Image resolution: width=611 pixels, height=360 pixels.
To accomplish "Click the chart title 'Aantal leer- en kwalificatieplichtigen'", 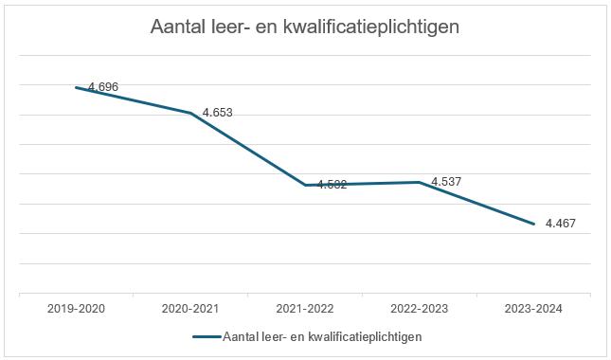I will coord(305,27).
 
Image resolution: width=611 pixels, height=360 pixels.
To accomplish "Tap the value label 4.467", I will coord(560,225).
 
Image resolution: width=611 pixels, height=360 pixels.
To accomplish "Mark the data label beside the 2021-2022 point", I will coord(331,185).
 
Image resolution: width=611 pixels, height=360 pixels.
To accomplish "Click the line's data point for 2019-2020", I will coord(77,87).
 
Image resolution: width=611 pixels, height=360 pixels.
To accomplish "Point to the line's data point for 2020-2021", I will coord(191,114).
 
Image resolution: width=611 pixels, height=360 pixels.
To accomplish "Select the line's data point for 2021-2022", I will coord(305,185).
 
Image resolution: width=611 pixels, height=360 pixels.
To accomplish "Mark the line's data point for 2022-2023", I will coord(420,182).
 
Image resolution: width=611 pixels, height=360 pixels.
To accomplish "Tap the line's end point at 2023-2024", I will coord(534,224).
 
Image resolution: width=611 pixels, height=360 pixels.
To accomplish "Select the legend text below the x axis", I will coord(321,336).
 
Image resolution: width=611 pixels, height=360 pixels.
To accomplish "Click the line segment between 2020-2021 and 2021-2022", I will coord(248,149).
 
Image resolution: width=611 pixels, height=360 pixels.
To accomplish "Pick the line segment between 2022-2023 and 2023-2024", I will coord(476,203).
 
